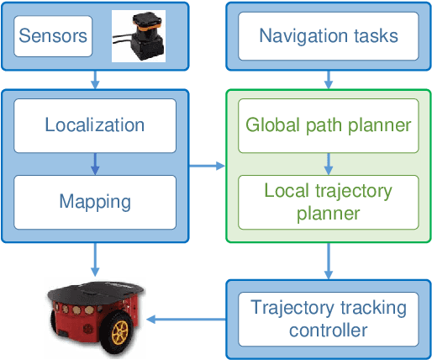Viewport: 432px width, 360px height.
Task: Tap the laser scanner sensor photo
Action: point(139,35)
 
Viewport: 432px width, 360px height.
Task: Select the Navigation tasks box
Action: point(328,36)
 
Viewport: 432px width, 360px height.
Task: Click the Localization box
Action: point(94,125)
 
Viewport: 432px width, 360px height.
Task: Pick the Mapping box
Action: point(94,202)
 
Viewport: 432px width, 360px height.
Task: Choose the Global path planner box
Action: point(328,125)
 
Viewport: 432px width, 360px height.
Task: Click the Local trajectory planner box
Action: point(328,202)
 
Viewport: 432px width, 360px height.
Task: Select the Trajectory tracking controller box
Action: point(328,318)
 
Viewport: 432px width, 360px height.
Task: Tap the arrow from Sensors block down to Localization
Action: point(94,77)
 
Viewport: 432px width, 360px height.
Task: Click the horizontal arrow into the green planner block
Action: point(207,164)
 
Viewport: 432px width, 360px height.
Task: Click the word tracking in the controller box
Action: point(376,307)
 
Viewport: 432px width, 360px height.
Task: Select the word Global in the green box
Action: point(267,125)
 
